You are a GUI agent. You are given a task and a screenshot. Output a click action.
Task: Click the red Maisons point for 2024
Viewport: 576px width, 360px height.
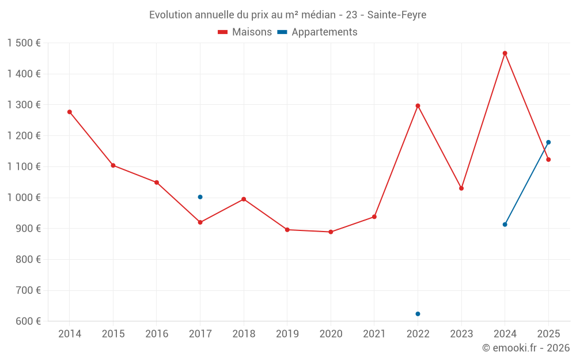(x=505, y=54)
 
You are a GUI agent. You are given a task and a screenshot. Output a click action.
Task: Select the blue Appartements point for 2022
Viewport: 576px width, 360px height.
(x=418, y=314)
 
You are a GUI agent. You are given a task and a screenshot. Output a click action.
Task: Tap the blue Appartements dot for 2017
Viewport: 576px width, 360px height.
(x=200, y=197)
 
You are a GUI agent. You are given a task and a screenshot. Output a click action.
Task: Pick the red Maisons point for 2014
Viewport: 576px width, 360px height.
(x=70, y=112)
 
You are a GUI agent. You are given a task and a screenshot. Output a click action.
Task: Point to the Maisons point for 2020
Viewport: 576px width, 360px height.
(x=331, y=232)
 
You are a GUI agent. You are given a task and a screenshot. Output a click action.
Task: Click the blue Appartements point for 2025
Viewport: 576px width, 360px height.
(x=548, y=142)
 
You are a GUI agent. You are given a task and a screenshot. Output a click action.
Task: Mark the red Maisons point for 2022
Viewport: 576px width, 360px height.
(x=418, y=106)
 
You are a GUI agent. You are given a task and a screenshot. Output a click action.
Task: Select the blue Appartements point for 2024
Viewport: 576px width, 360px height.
(x=505, y=225)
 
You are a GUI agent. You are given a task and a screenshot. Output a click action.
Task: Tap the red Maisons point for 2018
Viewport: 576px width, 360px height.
(x=244, y=199)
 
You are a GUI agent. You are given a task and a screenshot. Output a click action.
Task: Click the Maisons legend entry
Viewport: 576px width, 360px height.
(x=245, y=32)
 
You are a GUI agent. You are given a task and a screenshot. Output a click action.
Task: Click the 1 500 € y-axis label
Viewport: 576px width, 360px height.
(x=24, y=43)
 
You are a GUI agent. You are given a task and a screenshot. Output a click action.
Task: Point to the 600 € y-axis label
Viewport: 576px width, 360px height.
(x=28, y=321)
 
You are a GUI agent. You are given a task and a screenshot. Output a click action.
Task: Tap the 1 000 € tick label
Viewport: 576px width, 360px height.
(x=24, y=198)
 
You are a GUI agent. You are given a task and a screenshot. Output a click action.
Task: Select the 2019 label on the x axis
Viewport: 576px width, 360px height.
(x=287, y=334)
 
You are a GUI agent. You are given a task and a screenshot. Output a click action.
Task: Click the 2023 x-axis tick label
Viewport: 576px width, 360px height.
(x=461, y=334)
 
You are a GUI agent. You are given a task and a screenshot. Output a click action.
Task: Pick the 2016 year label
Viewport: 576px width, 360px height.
(x=157, y=334)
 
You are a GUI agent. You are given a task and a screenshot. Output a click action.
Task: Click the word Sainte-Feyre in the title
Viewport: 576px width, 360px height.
(x=399, y=15)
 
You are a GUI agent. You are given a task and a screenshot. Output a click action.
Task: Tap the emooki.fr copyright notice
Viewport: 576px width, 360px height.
(x=525, y=348)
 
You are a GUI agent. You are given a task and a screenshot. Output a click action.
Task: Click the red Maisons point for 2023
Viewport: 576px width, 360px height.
(x=461, y=188)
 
